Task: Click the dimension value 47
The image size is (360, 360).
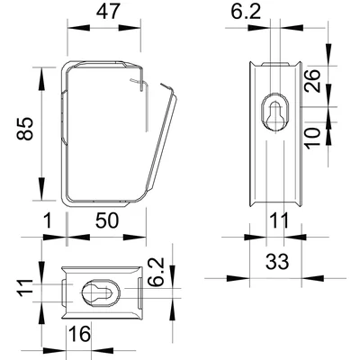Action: click(x=107, y=13)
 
